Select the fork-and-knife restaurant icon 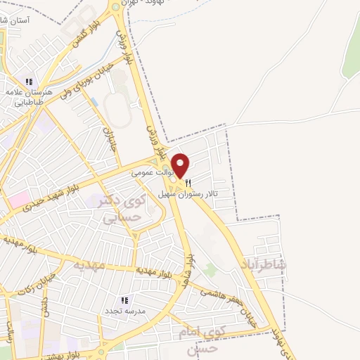coord(188,182)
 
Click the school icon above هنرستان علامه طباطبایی coord(30,80)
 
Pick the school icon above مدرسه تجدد coord(124,300)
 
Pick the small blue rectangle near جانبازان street coord(94,103)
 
